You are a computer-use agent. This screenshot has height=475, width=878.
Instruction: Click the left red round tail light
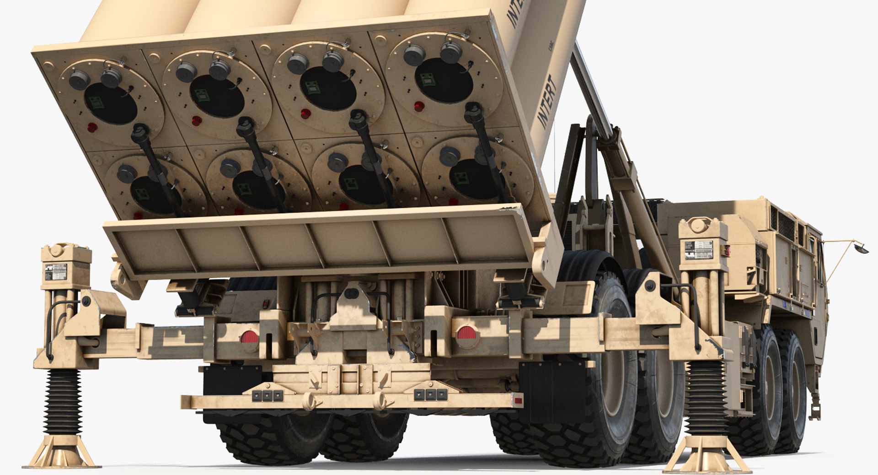click(x=249, y=338)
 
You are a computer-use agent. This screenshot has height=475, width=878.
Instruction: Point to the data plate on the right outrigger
click(x=696, y=250)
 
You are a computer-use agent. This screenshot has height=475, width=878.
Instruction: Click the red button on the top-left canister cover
click(x=92, y=127)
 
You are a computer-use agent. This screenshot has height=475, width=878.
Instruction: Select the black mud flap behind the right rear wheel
click(x=552, y=391)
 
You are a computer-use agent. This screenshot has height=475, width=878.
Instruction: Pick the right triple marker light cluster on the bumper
click(x=429, y=394)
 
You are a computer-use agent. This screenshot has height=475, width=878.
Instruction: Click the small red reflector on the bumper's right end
click(x=519, y=401)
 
